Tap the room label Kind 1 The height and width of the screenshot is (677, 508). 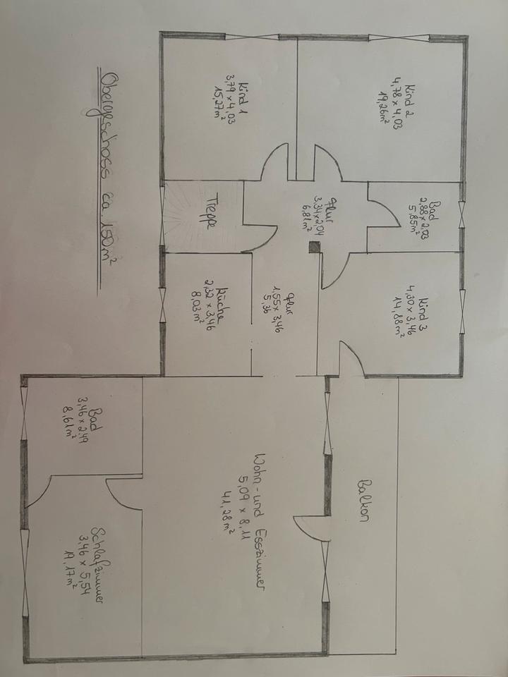point(246,99)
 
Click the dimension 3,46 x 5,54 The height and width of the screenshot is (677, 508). point(85,564)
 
